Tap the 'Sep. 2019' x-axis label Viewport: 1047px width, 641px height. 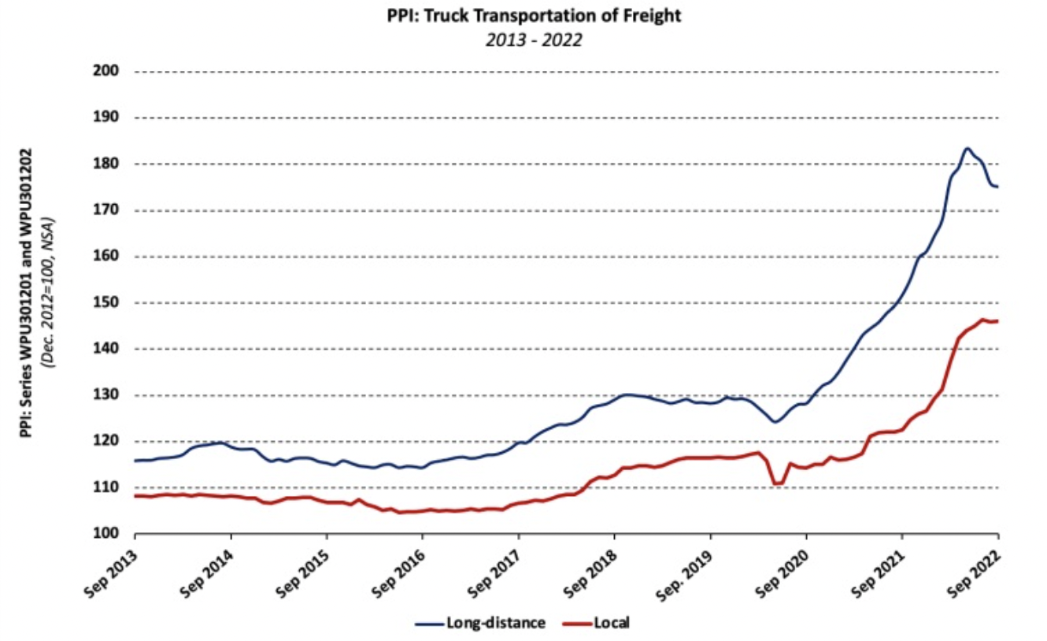686,570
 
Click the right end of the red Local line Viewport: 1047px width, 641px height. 997,320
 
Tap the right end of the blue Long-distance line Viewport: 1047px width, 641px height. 997,187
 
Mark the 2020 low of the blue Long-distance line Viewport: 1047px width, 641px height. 775,422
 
